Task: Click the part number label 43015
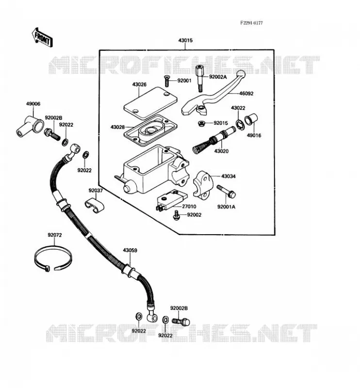185,40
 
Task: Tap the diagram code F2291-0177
251,23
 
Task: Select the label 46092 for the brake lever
246,94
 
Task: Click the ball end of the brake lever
241,74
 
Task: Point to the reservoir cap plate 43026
150,102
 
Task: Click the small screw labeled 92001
166,81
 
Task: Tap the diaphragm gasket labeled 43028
150,130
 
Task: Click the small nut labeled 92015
201,123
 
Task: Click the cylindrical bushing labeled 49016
251,119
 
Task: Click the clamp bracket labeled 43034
203,184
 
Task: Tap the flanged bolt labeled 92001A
226,191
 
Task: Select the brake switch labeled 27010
171,200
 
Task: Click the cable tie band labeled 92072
53,259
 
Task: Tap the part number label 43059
130,250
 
